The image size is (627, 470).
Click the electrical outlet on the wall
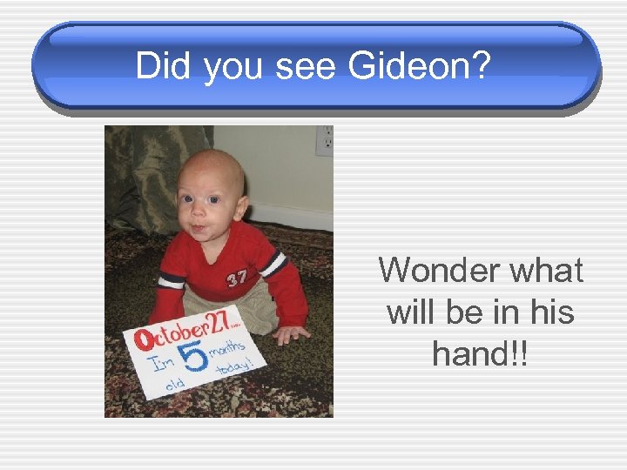click(324, 141)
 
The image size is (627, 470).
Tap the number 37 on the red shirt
click(236, 279)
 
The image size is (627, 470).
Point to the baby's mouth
click(199, 232)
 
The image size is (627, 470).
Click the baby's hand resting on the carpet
click(290, 333)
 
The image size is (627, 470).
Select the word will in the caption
click(415, 311)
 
